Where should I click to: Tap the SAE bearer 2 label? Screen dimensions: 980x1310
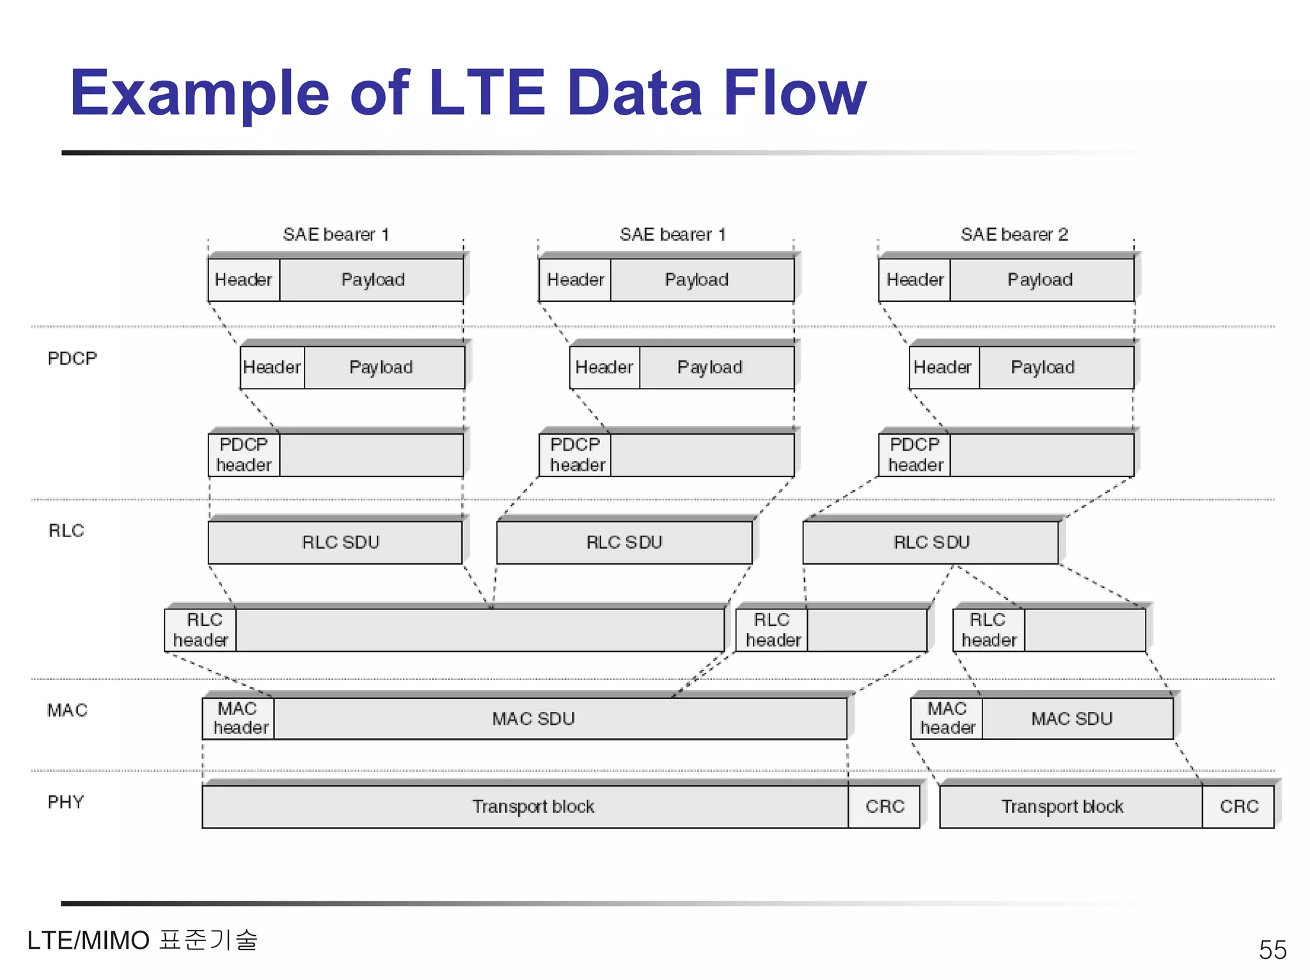pos(1014,234)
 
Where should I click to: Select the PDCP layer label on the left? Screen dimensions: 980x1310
pos(72,358)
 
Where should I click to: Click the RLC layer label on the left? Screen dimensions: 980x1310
pos(66,531)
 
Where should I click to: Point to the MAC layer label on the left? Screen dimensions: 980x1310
pos(67,710)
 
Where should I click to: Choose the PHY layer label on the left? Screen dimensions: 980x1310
pos(65,802)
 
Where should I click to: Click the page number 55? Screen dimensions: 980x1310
pos(1272,949)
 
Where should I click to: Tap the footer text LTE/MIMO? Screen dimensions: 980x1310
pos(88,940)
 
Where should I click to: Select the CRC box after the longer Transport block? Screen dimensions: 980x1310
pos(884,806)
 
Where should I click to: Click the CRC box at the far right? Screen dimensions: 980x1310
pos(1238,806)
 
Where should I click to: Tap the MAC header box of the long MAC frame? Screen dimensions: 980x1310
pos(239,718)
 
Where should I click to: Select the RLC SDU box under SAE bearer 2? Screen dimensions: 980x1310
pos(931,542)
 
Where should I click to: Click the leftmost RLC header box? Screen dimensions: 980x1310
pos(201,630)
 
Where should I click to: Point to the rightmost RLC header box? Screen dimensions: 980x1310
pos(989,630)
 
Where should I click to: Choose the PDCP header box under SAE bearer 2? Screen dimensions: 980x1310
pos(915,454)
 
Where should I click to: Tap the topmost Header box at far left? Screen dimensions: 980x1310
pos(244,280)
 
